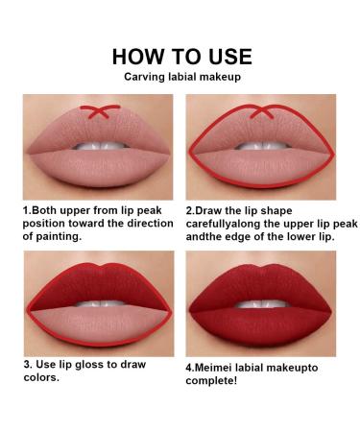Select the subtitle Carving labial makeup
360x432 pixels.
(180, 77)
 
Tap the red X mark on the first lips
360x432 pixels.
(92, 110)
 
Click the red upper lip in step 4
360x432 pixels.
(262, 278)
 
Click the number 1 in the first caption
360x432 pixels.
(25, 208)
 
